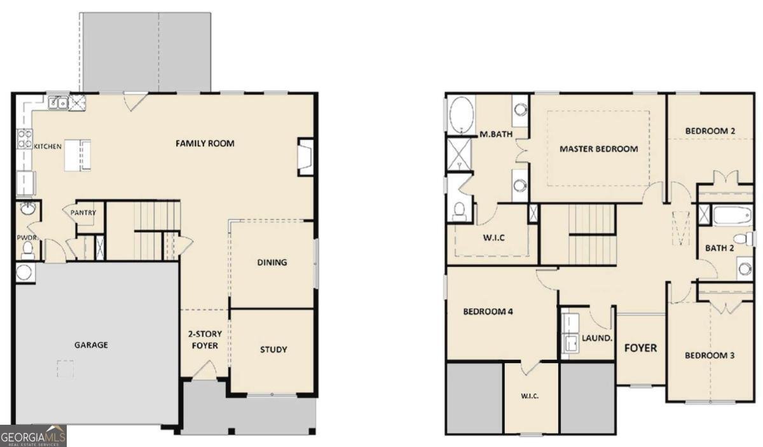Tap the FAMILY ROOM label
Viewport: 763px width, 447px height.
[x=205, y=144]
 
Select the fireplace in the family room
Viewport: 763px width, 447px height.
[x=305, y=156]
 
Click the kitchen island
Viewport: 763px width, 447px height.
[x=77, y=155]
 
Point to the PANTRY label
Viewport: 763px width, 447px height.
[x=83, y=213]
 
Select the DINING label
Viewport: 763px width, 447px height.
[x=272, y=262]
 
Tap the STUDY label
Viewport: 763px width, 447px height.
[x=273, y=350]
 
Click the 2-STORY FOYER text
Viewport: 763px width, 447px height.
[x=203, y=340]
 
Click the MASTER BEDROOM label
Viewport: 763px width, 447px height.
[x=598, y=149]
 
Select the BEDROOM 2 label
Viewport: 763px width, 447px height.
[x=710, y=131]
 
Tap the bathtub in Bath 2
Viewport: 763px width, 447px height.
[x=732, y=215]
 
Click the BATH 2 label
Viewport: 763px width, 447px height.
[x=720, y=248]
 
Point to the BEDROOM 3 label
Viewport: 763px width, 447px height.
[x=710, y=355]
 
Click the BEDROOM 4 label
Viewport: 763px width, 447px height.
[x=488, y=312]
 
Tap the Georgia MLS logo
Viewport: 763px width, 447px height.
[x=33, y=436]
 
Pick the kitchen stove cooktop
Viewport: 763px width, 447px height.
[x=24, y=139]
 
